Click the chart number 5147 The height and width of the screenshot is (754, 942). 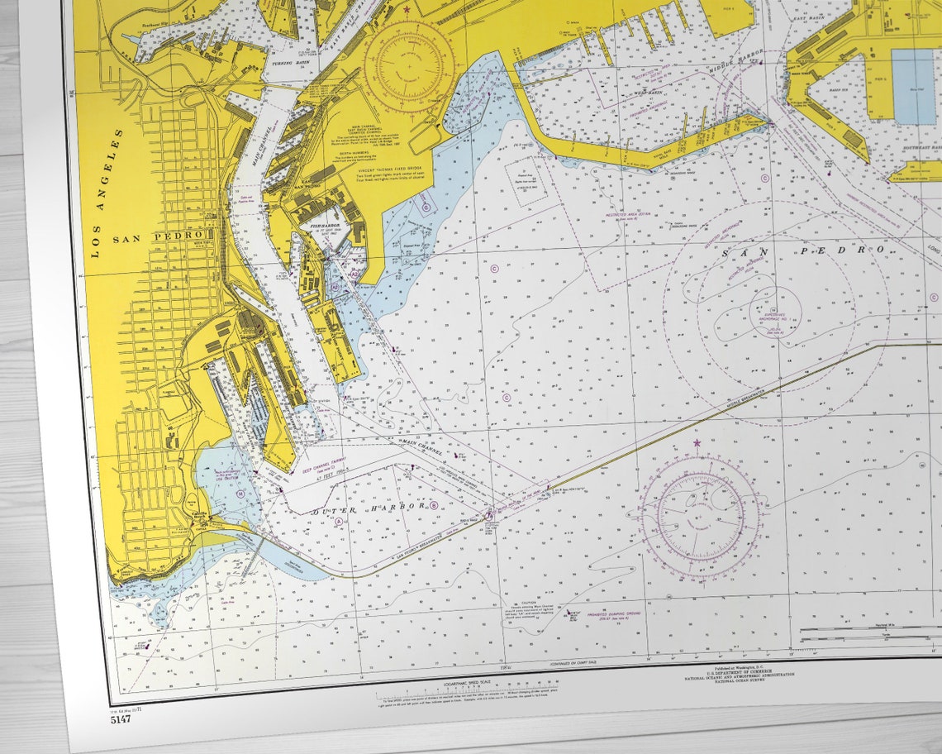(120, 718)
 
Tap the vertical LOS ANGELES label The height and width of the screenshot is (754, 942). (105, 193)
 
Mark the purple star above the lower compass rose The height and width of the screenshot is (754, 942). (697, 444)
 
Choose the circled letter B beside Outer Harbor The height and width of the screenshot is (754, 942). (433, 506)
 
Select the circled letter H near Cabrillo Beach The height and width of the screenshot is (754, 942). (240, 493)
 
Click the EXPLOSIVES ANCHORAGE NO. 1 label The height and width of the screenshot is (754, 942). (773, 315)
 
